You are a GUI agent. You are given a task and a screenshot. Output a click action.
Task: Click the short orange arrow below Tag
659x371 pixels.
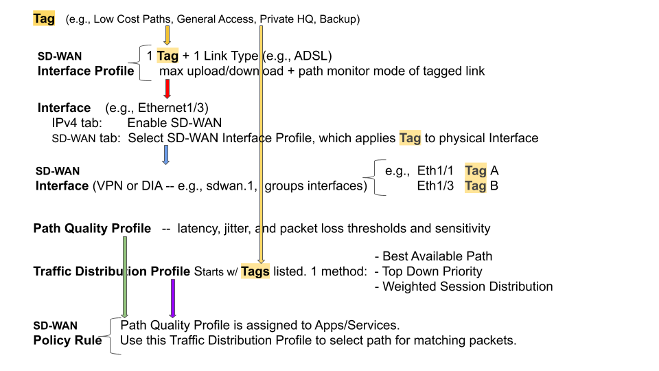167,34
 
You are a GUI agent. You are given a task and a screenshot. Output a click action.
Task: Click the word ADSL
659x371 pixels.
314,56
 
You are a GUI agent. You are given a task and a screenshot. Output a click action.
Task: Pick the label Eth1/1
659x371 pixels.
435,170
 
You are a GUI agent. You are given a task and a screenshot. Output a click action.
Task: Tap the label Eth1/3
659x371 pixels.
435,185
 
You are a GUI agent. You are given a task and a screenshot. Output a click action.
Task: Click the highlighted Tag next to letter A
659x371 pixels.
476,170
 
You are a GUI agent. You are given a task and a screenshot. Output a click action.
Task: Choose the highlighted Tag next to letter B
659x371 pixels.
476,185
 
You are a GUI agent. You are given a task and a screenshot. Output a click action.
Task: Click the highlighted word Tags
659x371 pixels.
255,271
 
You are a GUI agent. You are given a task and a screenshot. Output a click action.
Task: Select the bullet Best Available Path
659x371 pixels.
433,256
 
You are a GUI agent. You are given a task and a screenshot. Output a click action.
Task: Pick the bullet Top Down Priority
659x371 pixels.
428,271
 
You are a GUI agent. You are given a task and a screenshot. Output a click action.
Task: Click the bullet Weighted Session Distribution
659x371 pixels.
463,286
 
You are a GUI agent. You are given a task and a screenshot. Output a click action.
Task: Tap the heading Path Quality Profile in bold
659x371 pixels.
92,228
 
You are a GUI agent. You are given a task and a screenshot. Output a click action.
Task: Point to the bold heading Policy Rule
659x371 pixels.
68,340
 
